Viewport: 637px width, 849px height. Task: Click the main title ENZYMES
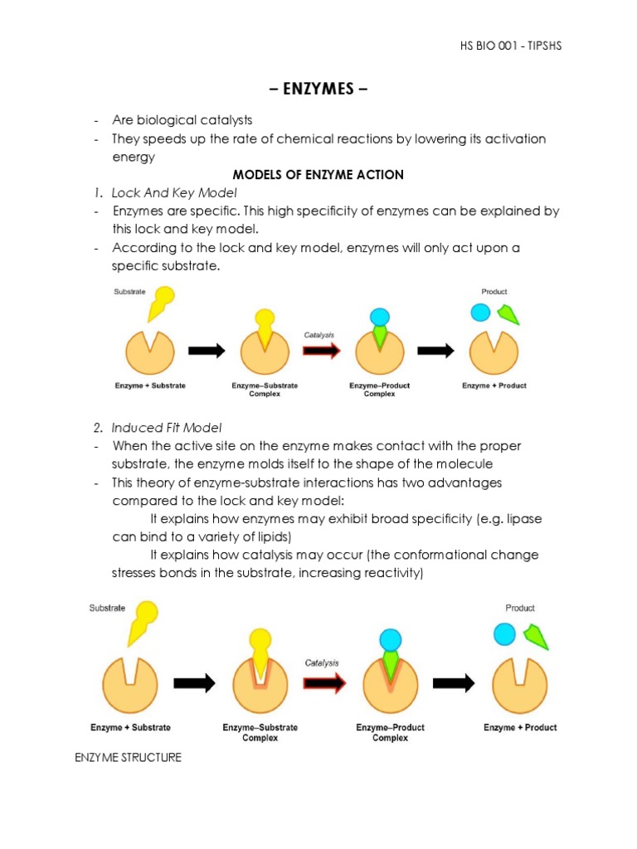click(x=318, y=89)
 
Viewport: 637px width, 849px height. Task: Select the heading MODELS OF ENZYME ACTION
click(x=318, y=174)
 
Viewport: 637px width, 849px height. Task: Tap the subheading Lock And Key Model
click(x=174, y=192)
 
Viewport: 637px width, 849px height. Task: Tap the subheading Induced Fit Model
click(x=167, y=428)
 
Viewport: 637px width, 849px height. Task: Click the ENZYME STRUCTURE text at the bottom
click(x=128, y=758)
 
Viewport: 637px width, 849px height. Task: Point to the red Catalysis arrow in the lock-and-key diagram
click(x=320, y=351)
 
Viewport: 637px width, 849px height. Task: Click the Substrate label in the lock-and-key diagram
click(x=129, y=292)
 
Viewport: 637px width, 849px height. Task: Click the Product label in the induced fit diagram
click(x=520, y=608)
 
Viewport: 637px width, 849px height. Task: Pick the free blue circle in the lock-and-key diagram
click(x=480, y=312)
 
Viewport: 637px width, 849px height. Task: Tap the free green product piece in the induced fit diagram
click(x=536, y=637)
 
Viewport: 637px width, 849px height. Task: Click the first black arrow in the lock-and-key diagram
click(x=207, y=351)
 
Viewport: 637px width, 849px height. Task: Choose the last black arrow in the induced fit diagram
click(x=455, y=682)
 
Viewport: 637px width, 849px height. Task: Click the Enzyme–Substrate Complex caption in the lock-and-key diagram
click(x=265, y=390)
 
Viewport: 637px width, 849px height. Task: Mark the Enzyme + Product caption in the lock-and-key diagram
click(x=494, y=386)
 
